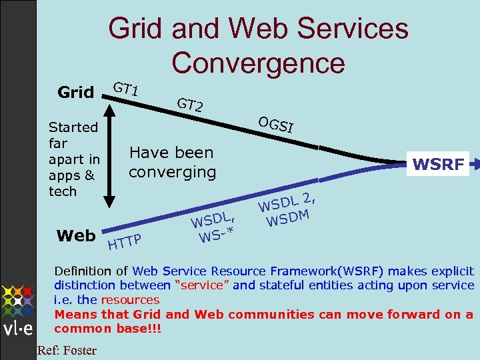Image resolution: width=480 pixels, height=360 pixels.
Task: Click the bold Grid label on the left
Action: (x=75, y=92)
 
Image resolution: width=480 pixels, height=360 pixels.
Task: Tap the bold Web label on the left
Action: (x=75, y=235)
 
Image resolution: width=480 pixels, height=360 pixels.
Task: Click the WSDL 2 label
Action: (x=285, y=201)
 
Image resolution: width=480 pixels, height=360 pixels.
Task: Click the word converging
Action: (x=172, y=172)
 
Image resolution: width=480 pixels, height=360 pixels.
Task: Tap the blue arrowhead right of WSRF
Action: (x=475, y=162)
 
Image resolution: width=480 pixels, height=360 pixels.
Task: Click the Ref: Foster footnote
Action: (x=67, y=350)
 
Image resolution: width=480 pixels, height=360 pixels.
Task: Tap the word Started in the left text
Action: (x=73, y=127)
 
